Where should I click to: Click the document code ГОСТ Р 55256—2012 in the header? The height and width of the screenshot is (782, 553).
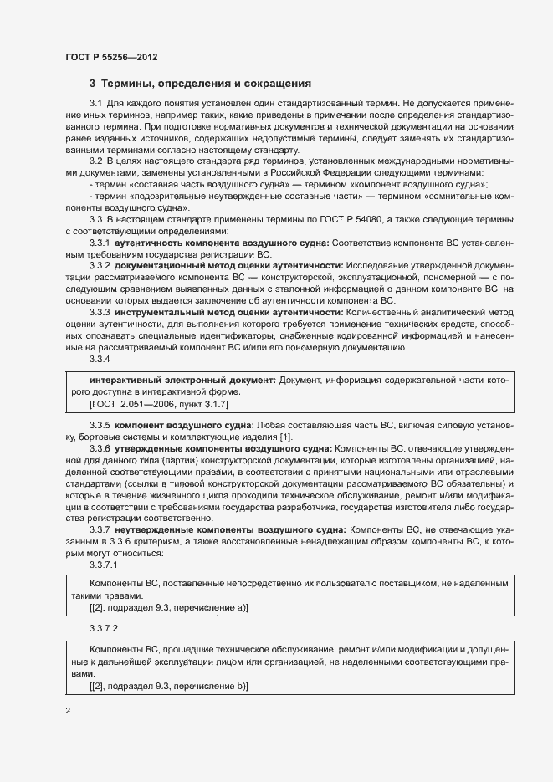(111, 57)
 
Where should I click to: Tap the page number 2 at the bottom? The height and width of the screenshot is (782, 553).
(68, 711)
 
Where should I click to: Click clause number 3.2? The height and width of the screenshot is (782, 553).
(95, 160)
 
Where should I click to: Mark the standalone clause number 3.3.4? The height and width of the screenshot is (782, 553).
(100, 359)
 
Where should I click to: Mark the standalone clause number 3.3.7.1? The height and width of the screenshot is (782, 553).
(104, 565)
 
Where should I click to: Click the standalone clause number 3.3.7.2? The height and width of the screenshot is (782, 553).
(104, 627)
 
